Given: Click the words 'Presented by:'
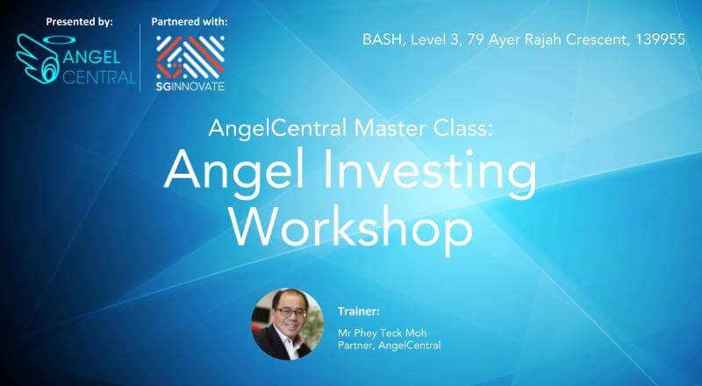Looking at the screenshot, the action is [x=79, y=22].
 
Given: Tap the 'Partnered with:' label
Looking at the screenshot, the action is [x=190, y=22].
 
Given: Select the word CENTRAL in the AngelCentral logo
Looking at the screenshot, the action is [x=99, y=76].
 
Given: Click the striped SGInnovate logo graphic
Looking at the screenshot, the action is [x=190, y=57].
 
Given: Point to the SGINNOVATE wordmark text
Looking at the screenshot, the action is [x=190, y=86].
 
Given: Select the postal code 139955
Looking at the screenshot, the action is [x=661, y=39].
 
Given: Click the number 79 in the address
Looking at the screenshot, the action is [x=476, y=39].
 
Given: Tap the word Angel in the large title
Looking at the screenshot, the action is [x=233, y=168].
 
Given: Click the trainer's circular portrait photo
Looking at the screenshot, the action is [x=288, y=324].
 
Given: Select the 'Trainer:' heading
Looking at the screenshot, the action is [x=358, y=311].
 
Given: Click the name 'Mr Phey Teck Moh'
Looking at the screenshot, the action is [x=382, y=332].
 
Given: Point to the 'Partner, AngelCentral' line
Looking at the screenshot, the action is [x=389, y=346].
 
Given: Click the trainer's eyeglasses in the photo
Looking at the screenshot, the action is [x=290, y=311].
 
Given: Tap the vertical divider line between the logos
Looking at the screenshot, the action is [x=140, y=58].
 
